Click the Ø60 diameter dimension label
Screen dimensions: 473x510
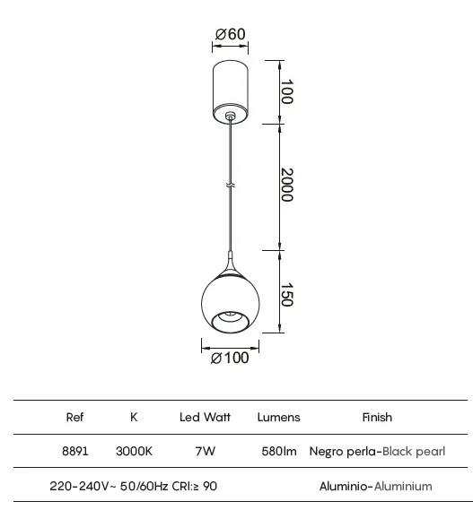tap(230, 34)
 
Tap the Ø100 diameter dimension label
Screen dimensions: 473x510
tap(230, 358)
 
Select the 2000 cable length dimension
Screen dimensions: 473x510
tap(287, 185)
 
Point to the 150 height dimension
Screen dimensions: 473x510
tap(287, 294)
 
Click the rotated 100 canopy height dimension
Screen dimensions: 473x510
tap(287, 91)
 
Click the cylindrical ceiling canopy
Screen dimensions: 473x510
tap(231, 92)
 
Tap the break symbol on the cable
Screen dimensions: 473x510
tap(231, 186)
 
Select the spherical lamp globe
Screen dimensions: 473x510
tap(231, 303)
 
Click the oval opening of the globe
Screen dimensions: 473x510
tap(231, 322)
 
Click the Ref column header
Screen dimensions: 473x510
tap(74, 417)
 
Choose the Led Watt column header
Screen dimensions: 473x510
tap(205, 417)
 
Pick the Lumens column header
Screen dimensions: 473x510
tap(278, 418)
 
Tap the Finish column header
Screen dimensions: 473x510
tap(377, 417)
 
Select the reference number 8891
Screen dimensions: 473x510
tap(75, 451)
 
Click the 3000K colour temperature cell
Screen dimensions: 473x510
tap(134, 451)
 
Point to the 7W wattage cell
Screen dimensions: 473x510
tap(206, 451)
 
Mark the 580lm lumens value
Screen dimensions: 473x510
tap(279, 451)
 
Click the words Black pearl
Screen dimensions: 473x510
tap(414, 452)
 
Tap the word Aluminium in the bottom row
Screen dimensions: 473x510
tap(403, 487)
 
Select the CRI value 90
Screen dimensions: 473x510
tap(210, 487)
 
